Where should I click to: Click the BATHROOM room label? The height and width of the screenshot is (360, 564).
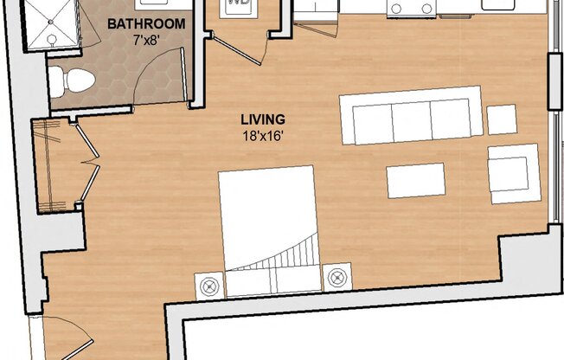pos(145,24)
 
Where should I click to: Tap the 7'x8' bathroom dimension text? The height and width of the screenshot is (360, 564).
pos(145,40)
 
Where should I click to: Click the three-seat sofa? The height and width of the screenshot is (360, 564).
pos(411,115)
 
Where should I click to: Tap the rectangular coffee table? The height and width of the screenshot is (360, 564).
pos(416,180)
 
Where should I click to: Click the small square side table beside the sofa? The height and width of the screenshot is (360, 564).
pos(502,119)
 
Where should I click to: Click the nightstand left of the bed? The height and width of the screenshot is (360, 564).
pos(208,283)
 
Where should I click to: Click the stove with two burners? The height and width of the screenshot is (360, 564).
pos(411,8)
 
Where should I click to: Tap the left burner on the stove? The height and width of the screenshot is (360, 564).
pos(398,10)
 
